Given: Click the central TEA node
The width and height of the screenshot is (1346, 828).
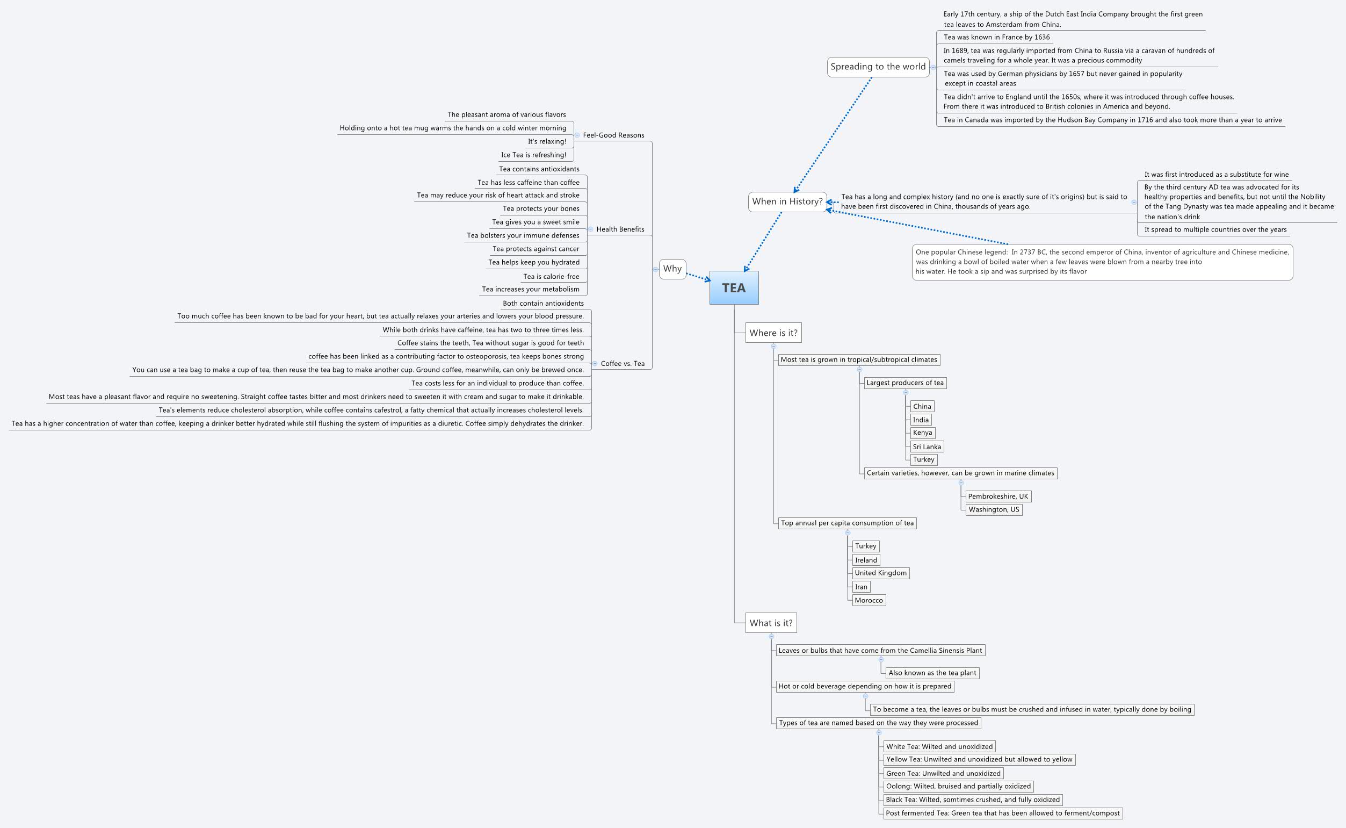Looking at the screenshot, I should pyautogui.click(x=734, y=287).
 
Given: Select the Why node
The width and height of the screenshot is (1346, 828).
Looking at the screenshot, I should pyautogui.click(x=672, y=269).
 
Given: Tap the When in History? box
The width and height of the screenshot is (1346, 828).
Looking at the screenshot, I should pyautogui.click(x=787, y=201).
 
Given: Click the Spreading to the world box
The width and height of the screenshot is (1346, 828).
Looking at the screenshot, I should pyautogui.click(x=878, y=67).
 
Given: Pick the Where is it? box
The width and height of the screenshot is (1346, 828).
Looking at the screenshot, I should pyautogui.click(x=773, y=333).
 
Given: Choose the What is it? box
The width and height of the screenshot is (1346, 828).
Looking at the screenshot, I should pyautogui.click(x=771, y=623).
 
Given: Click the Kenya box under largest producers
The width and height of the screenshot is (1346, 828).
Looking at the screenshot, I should pyautogui.click(x=922, y=433).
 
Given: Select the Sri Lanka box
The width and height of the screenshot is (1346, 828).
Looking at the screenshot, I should pyautogui.click(x=927, y=447).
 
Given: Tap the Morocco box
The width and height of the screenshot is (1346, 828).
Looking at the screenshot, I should pyautogui.click(x=869, y=600).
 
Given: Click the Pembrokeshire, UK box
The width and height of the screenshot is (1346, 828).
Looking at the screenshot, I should pyautogui.click(x=998, y=496).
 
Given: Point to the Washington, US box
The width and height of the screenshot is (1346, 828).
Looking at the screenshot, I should pyautogui.click(x=994, y=510).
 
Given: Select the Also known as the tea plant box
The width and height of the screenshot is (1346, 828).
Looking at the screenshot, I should pyautogui.click(x=932, y=673).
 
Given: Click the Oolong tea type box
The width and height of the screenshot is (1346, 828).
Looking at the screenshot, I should pyautogui.click(x=958, y=787).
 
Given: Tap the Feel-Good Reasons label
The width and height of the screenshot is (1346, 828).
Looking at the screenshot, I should pyautogui.click(x=613, y=135).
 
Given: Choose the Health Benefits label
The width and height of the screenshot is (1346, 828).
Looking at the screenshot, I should pyautogui.click(x=620, y=229).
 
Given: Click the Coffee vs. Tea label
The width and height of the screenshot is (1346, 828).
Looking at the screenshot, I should pyautogui.click(x=623, y=364).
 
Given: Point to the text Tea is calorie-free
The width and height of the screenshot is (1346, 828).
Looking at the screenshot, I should pyautogui.click(x=551, y=277).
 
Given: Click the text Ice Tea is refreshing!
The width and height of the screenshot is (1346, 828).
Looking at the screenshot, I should pyautogui.click(x=533, y=155).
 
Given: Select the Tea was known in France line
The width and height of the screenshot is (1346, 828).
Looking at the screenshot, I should pyautogui.click(x=996, y=37).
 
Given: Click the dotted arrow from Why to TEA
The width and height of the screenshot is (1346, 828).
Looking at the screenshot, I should pyautogui.click(x=698, y=277).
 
